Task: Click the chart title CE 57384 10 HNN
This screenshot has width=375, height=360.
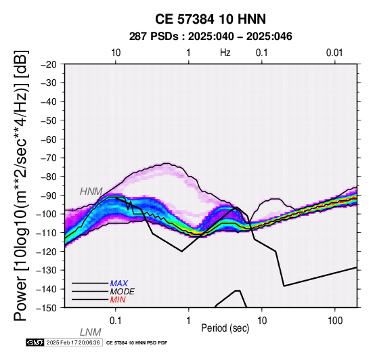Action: [211, 19]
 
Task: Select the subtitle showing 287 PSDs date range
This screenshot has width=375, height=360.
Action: [211, 37]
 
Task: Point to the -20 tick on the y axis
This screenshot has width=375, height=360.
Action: [49, 64]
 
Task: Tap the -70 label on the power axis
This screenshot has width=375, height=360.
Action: [49, 158]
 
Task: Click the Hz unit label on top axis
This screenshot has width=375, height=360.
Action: [225, 53]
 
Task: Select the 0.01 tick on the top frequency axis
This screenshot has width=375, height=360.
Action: [334, 53]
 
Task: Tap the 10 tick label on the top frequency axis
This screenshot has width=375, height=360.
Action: [116, 53]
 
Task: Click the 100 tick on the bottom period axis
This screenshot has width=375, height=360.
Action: [335, 321]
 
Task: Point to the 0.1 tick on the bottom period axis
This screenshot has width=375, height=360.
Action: [116, 321]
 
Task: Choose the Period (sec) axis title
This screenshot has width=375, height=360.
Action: [225, 328]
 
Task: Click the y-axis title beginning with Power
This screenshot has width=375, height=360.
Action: [20, 185]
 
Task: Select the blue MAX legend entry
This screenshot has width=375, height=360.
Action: [119, 284]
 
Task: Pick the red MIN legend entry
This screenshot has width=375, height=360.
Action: [118, 300]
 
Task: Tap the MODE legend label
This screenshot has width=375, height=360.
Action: [123, 292]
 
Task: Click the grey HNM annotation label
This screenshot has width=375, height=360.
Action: [91, 192]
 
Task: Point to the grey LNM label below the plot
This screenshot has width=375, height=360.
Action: [91, 332]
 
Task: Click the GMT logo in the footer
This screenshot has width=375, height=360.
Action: [35, 342]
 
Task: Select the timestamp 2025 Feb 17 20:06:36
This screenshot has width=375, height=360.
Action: [73, 342]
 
